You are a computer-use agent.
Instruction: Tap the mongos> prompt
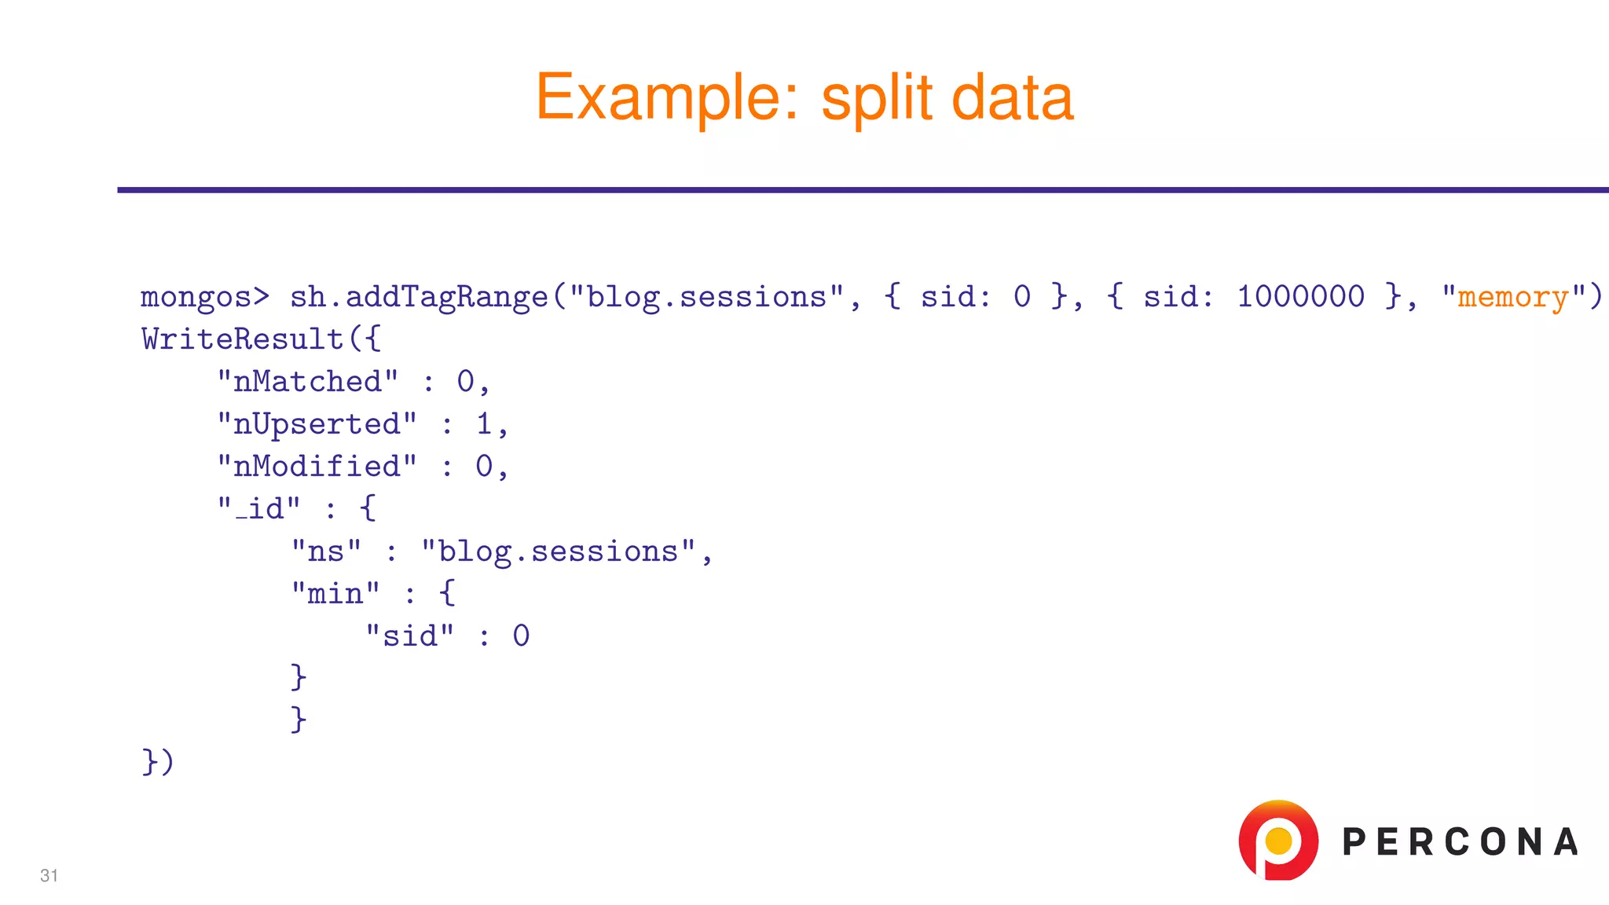[x=204, y=297]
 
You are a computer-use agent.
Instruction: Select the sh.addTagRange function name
[x=419, y=297]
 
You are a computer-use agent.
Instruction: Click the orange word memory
[x=1513, y=297]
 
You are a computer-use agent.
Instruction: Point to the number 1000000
[x=1300, y=297]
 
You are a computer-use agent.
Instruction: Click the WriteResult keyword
[x=243, y=339]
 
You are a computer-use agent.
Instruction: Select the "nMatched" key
[x=307, y=382]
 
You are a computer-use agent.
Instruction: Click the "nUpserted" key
[x=317, y=424]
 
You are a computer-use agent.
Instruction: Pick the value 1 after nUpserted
[x=484, y=424]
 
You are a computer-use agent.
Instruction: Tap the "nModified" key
[x=317, y=467]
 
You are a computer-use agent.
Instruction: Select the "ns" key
[x=326, y=551]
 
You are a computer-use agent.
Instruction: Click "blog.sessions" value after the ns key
[x=559, y=551]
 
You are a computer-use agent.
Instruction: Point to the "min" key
[x=335, y=594]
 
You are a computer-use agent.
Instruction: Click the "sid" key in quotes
[x=410, y=636]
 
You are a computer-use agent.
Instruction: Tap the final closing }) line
[x=157, y=762]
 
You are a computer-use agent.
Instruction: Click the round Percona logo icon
[x=1278, y=840]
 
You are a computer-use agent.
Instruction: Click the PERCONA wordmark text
[x=1460, y=842]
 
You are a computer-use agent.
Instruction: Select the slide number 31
[x=49, y=875]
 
